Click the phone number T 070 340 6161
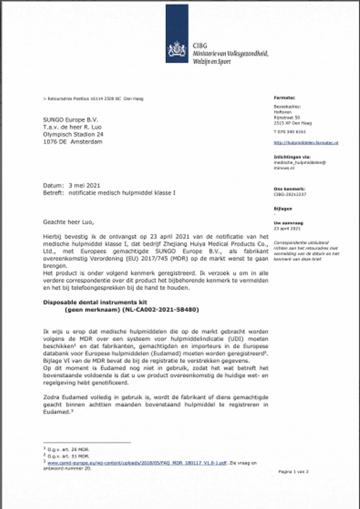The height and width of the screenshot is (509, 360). click(x=290, y=131)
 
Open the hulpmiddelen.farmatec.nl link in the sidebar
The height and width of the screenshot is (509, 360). click(x=305, y=143)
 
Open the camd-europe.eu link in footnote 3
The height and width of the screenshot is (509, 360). click(x=144, y=463)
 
